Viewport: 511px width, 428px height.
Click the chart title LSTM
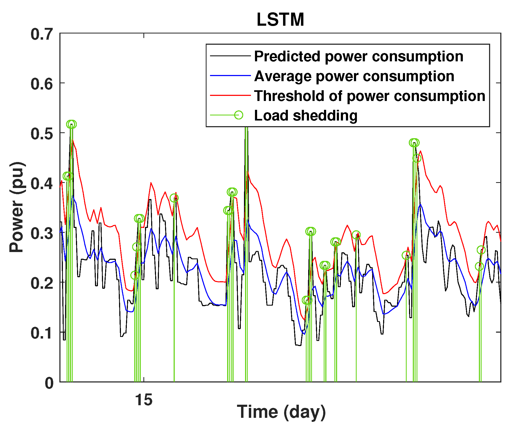click(280, 20)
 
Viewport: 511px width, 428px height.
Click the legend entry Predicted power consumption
click(359, 57)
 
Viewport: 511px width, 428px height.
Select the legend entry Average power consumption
click(354, 76)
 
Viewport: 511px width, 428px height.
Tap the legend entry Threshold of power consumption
click(369, 96)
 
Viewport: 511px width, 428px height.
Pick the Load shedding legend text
click(306, 116)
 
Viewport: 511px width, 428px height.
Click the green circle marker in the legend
click(238, 115)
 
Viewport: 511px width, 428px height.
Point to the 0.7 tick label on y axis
click(41, 35)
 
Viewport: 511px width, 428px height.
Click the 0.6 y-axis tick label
click(41, 84)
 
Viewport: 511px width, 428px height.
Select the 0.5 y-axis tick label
click(41, 134)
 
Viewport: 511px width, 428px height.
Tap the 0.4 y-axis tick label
click(41, 184)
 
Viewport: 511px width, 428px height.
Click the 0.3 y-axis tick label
click(41, 234)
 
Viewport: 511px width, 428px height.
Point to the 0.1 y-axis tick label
click(41, 333)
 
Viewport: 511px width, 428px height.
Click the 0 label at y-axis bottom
click(49, 383)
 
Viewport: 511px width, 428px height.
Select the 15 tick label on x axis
click(144, 400)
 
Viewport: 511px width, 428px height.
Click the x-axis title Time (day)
click(281, 412)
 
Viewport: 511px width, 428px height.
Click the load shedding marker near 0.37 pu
click(174, 198)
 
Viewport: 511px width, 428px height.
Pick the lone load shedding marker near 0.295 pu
click(356, 235)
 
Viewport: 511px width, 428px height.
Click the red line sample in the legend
click(230, 95)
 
